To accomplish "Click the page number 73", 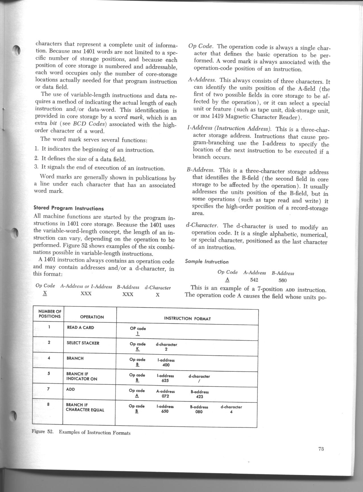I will pos(321,449).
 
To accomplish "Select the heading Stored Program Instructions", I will pos(69,208).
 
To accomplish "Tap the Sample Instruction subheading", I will pos(207,262).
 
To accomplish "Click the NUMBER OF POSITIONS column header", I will pos(50,314).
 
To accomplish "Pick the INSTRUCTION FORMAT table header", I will pos(187,319).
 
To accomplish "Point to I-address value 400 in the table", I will pos(165,365).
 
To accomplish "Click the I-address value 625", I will pos(165,380).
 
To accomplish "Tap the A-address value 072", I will pos(165,396).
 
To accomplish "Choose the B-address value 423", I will pos(199,396).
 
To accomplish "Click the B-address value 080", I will pos(199,412).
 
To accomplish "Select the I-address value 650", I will pos(165,412).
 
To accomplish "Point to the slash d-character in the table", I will pos(199,381).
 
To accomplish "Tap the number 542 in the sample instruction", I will pos(254,280).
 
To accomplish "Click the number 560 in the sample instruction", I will pos(282,280).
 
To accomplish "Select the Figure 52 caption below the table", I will pos(81,432).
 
